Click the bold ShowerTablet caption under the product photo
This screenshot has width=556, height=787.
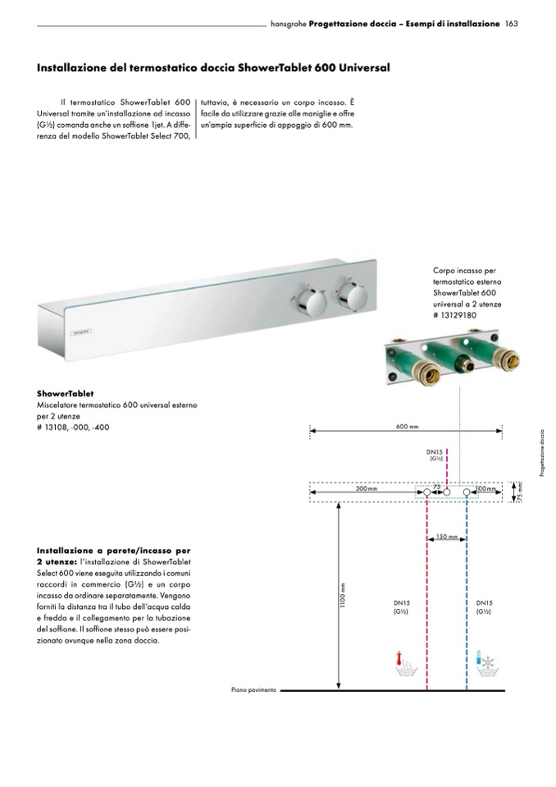tap(65, 394)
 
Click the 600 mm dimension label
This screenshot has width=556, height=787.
tap(407, 426)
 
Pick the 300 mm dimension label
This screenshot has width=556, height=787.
tap(367, 488)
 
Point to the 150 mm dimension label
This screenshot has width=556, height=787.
tap(447, 538)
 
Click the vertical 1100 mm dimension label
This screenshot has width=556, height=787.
tap(345, 596)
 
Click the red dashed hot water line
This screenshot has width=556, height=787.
tap(427, 591)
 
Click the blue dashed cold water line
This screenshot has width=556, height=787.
tap(467, 591)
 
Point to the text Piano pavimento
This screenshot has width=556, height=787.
tap(254, 690)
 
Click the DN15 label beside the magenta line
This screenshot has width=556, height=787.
tap(435, 452)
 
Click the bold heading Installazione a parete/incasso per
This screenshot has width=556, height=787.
tap(114, 550)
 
